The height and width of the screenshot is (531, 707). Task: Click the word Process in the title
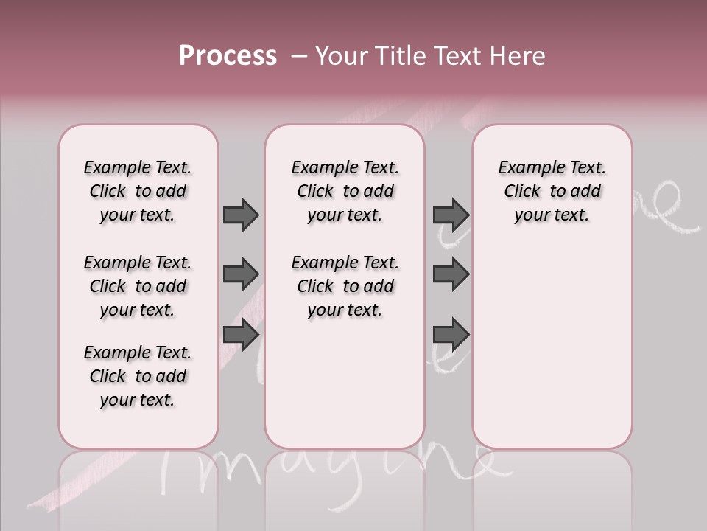pyautogui.click(x=228, y=56)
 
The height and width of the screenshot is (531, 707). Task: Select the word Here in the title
pyautogui.click(x=518, y=56)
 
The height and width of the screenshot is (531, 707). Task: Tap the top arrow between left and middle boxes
pyautogui.click(x=241, y=215)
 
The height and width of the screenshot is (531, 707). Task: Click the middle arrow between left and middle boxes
pyautogui.click(x=241, y=274)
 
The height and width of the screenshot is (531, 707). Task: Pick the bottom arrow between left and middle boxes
pyautogui.click(x=241, y=335)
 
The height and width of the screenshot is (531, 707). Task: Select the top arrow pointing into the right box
pyautogui.click(x=451, y=215)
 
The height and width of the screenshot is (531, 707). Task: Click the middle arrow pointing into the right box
pyautogui.click(x=451, y=274)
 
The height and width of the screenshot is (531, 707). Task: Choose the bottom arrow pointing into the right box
pyautogui.click(x=451, y=335)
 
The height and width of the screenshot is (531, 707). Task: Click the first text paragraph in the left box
pyautogui.click(x=138, y=191)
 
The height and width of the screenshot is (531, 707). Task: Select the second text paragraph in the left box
pyautogui.click(x=138, y=286)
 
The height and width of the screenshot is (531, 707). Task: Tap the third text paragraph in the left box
pyautogui.click(x=138, y=376)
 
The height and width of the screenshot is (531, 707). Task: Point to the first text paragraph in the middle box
pyautogui.click(x=345, y=191)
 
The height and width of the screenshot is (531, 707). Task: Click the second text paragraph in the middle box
pyautogui.click(x=345, y=286)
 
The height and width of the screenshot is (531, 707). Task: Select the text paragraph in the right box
pyautogui.click(x=552, y=191)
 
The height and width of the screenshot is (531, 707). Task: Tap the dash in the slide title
pyautogui.click(x=299, y=56)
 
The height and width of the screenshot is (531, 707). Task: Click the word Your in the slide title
pyautogui.click(x=342, y=56)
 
